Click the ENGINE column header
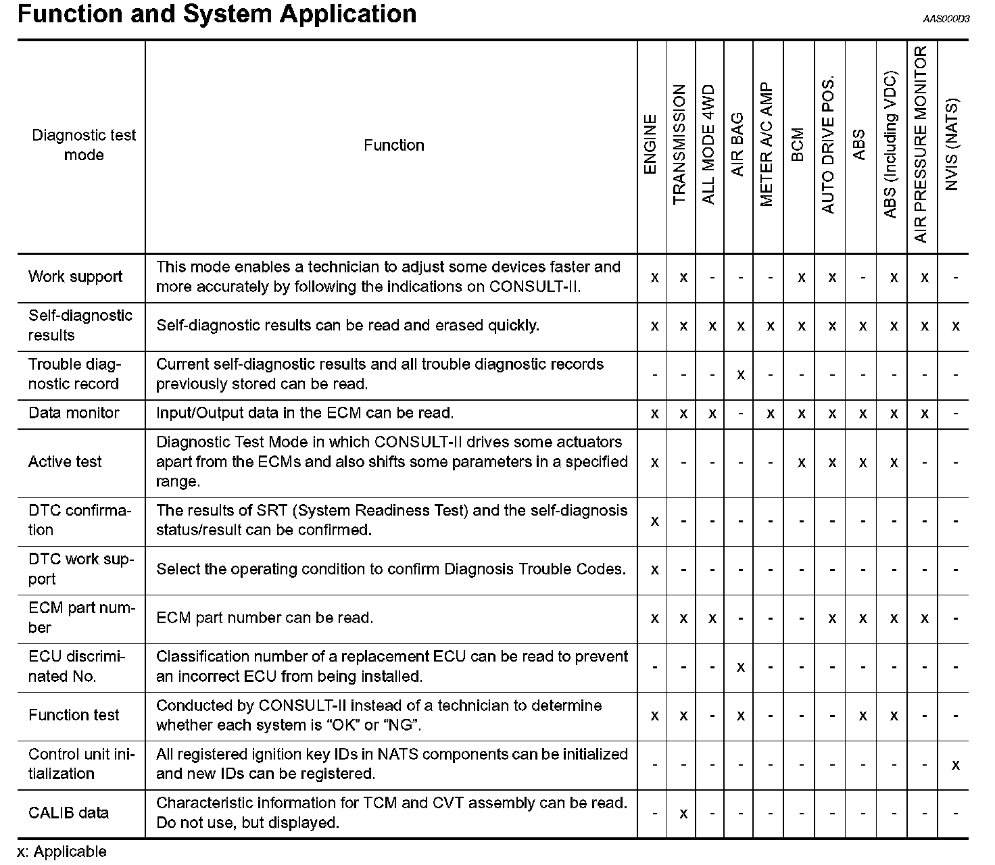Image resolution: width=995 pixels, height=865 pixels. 650,145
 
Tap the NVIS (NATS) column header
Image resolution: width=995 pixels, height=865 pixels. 952,145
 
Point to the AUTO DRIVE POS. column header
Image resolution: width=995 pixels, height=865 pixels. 828,145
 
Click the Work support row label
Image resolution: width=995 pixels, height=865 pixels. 76,277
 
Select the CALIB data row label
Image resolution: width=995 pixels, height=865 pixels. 68,813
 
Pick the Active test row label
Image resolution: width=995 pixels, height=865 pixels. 65,462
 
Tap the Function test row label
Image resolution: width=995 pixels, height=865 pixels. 74,715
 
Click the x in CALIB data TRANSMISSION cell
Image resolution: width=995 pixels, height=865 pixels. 683,814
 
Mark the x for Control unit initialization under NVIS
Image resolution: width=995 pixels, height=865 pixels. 955,765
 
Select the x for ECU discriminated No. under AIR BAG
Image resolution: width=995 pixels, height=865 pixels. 741,667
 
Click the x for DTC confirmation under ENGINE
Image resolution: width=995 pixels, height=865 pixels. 654,521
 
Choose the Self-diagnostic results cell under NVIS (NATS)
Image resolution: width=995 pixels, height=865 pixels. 955,326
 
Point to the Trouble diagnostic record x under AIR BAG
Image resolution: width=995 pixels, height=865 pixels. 741,374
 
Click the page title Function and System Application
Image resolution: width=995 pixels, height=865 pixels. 217,14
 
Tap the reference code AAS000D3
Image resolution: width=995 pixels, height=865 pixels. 946,19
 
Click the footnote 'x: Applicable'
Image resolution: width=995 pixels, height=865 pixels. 62,852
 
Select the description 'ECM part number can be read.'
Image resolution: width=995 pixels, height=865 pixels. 264,618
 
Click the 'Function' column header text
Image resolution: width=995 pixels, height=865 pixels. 393,145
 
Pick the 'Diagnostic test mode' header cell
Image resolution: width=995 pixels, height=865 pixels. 84,145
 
